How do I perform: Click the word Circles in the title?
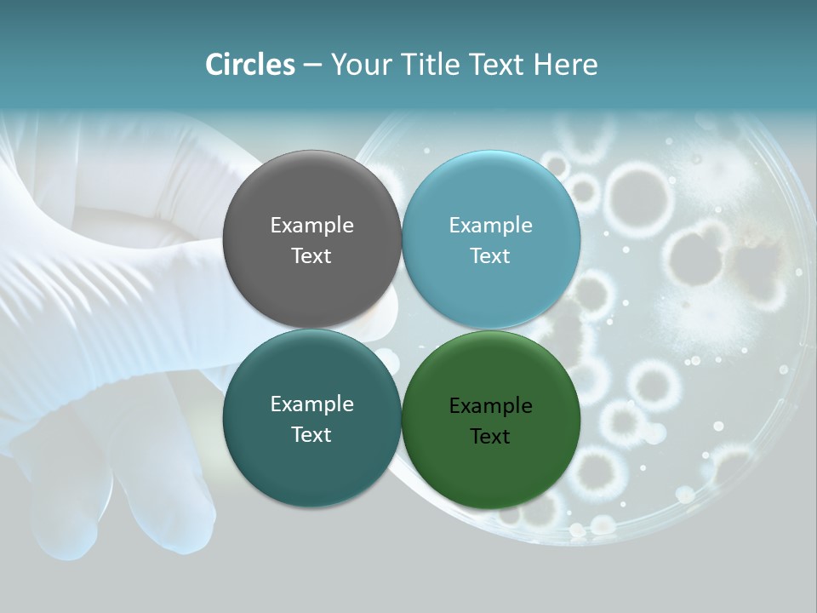[x=249, y=65]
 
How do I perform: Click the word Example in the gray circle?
[x=311, y=226]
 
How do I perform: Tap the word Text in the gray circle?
[x=311, y=256]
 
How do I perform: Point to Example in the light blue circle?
[x=491, y=226]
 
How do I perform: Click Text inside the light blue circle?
[x=491, y=256]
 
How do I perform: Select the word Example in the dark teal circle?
[x=311, y=404]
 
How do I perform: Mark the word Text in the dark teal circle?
[x=311, y=435]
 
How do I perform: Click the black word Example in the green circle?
[x=491, y=406]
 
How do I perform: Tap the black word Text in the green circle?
[x=491, y=437]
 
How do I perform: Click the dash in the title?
[x=311, y=66]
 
